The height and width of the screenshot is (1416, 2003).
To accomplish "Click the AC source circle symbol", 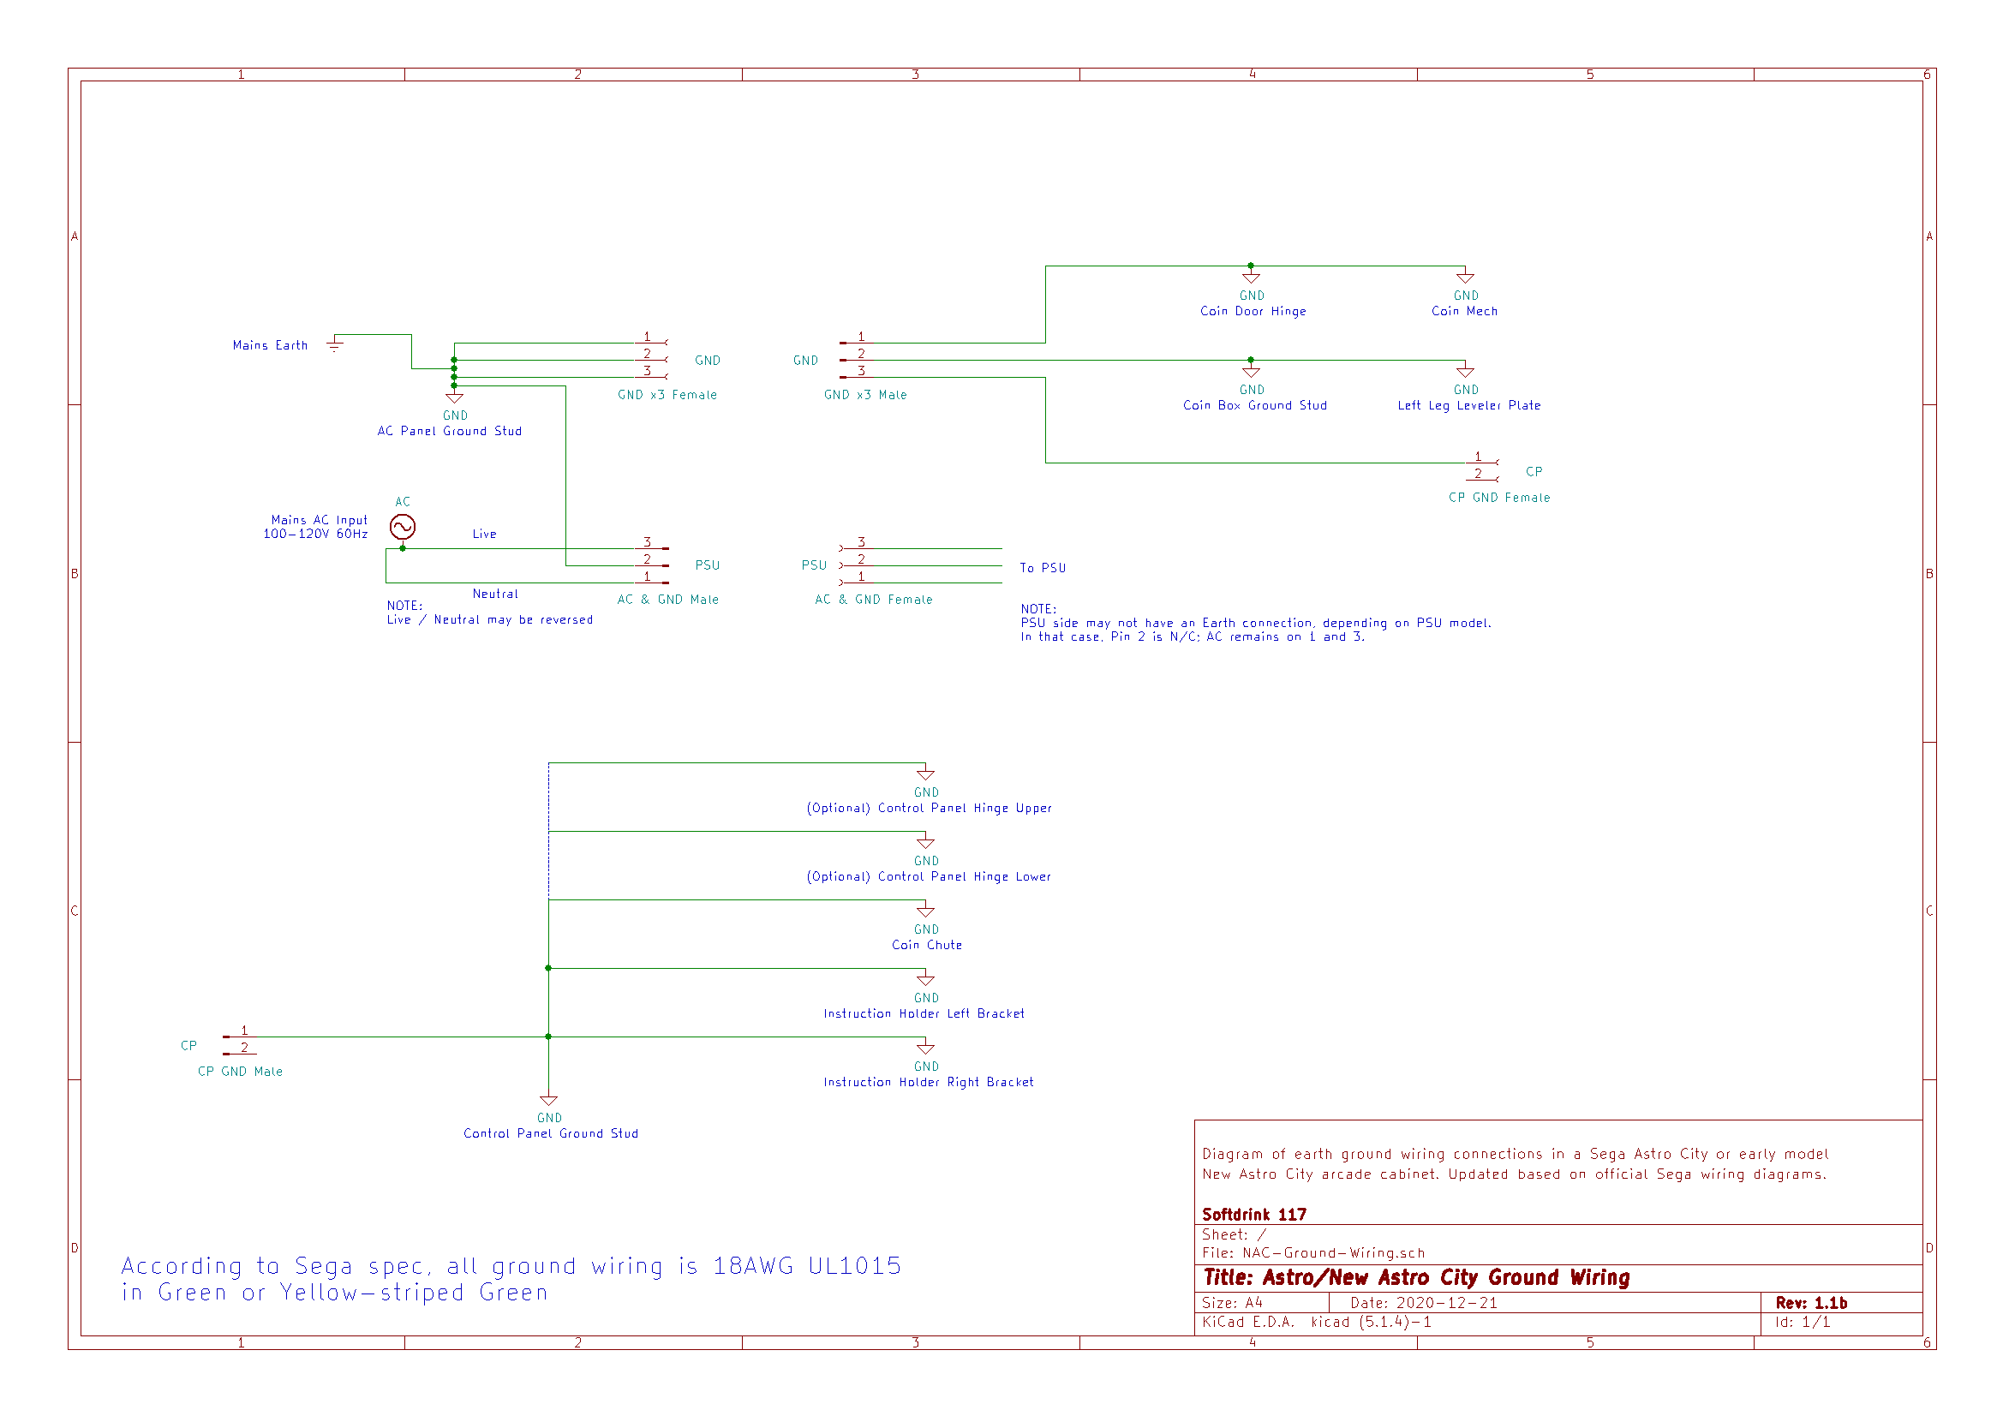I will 402,527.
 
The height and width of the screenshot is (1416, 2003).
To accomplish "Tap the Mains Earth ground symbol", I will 334,344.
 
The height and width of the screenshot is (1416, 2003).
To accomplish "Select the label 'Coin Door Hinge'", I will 1253,312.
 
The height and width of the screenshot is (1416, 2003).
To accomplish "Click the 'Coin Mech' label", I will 1464,312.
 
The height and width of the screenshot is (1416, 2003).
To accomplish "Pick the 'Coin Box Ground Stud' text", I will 1254,406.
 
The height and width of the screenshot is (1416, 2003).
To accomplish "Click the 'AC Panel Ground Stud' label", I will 449,431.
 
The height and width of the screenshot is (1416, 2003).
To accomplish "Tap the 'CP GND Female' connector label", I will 1498,499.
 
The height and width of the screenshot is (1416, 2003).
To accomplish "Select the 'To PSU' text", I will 1043,568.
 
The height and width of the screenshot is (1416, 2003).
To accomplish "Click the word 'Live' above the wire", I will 484,534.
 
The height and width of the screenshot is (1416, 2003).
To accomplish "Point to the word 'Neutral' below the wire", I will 494,594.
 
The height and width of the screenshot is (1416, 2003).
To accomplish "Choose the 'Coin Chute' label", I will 926,945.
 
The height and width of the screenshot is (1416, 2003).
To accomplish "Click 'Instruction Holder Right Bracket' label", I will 928,1082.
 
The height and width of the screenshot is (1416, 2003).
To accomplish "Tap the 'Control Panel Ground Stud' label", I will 551,1133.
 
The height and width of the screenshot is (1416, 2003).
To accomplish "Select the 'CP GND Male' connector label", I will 240,1072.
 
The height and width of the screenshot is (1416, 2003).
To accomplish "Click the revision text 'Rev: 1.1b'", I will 1811,1303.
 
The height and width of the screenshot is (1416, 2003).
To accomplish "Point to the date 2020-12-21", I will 1446,1303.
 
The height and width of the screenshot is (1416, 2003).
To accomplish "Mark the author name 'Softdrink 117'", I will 1253,1215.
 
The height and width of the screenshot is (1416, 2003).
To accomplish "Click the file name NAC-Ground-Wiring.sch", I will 1333,1253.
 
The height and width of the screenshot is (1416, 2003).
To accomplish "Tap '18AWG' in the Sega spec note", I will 753,1266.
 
